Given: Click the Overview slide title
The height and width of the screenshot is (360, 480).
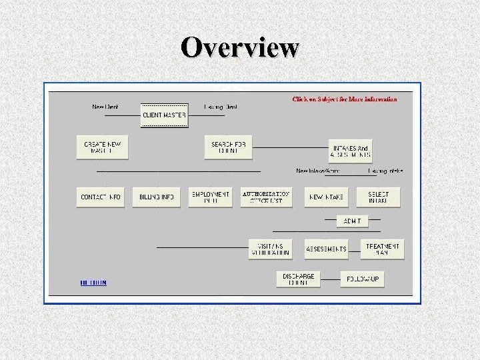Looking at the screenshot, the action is point(240,47).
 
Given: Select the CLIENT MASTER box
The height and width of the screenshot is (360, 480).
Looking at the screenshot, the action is point(164,115).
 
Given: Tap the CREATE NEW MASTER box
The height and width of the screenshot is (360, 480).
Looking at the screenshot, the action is point(103,147).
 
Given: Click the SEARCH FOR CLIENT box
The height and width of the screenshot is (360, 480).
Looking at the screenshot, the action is point(228,147).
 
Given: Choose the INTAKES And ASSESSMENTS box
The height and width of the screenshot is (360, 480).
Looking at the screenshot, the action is point(349,151).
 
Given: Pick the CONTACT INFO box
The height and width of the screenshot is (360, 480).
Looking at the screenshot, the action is point(101,197).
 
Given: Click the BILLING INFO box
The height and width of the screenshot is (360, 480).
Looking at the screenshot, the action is point(157,197).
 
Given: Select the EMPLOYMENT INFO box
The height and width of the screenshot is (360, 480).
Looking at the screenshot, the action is point(211,197).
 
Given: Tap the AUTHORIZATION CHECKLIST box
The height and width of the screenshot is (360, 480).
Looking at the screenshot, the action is point(266,197).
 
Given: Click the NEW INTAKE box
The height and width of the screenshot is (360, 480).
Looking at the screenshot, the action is point(327,197).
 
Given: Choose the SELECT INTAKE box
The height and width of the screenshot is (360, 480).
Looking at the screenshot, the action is point(378,197).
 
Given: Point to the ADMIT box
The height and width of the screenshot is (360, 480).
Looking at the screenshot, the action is point(352,221).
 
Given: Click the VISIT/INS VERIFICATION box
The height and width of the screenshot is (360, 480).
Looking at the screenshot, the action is point(271,249).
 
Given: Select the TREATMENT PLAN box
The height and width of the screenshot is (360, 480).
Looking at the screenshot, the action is point(383,249).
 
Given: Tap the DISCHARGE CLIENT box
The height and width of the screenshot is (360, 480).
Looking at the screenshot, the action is point(299,279).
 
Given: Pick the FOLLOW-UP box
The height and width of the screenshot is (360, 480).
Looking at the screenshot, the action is point(363,279).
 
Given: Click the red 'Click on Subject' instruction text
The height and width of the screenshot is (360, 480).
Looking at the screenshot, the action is point(345,99).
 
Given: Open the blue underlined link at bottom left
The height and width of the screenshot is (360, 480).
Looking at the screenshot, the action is point(93,283).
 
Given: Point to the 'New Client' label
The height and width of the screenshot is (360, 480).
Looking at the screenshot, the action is point(105,107).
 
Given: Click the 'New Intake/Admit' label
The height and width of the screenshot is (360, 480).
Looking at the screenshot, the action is point(318,171).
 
